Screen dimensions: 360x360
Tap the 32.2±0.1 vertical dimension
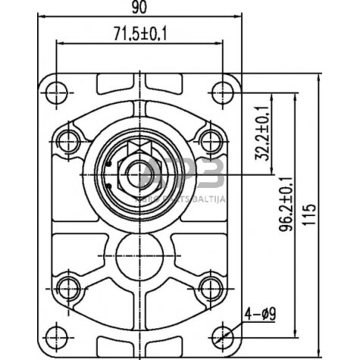click(264, 132)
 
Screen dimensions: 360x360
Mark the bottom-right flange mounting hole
click(223, 334)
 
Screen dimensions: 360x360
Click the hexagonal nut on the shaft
click(136, 174)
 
